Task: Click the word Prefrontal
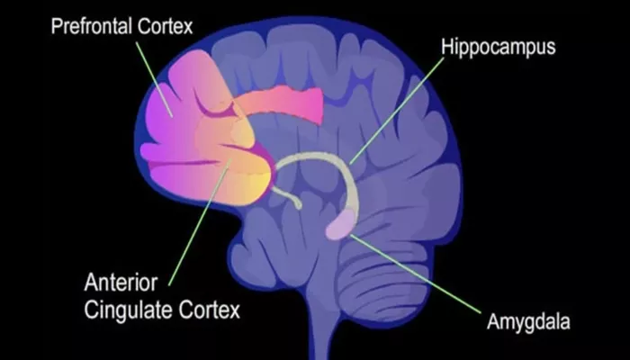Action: (91, 26)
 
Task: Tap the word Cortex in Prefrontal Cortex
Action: (165, 26)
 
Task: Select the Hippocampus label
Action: (499, 48)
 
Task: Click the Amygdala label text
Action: (528, 321)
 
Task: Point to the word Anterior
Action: (121, 283)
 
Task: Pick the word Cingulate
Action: (129, 310)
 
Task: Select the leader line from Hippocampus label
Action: (397, 111)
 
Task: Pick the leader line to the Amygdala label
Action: (416, 274)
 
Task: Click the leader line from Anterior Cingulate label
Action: (200, 222)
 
